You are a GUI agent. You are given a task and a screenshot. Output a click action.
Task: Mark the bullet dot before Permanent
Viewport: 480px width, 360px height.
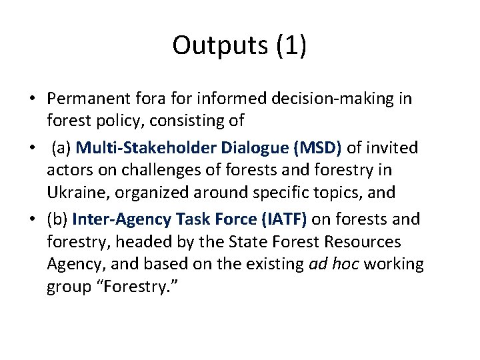(x=31, y=99)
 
